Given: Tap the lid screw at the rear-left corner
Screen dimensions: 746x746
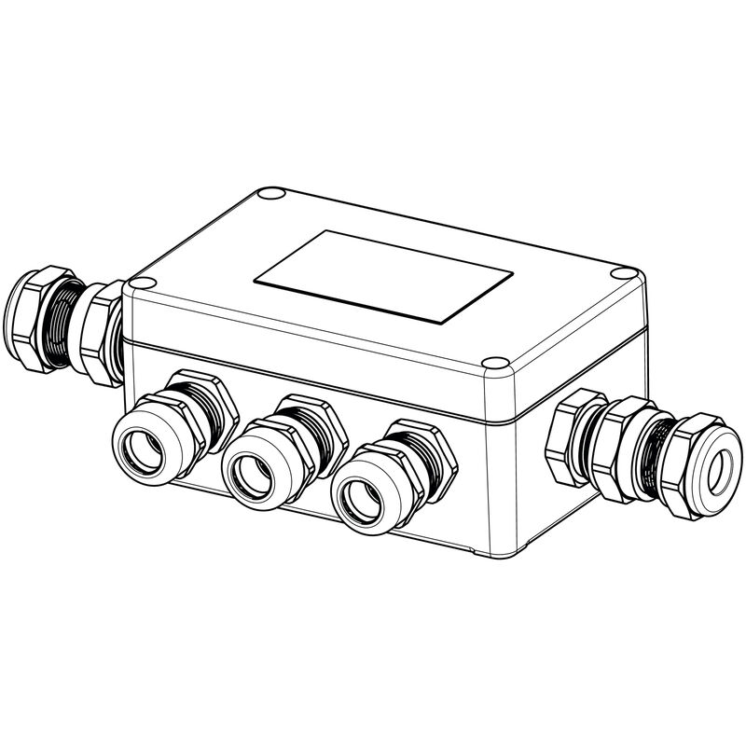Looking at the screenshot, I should tap(270, 195).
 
